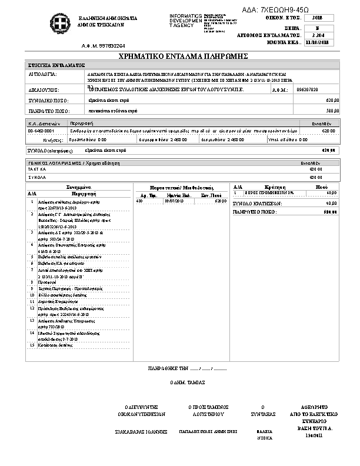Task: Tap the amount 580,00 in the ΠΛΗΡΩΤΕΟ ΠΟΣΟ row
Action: click(333, 110)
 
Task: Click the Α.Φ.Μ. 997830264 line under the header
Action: click(104, 45)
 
